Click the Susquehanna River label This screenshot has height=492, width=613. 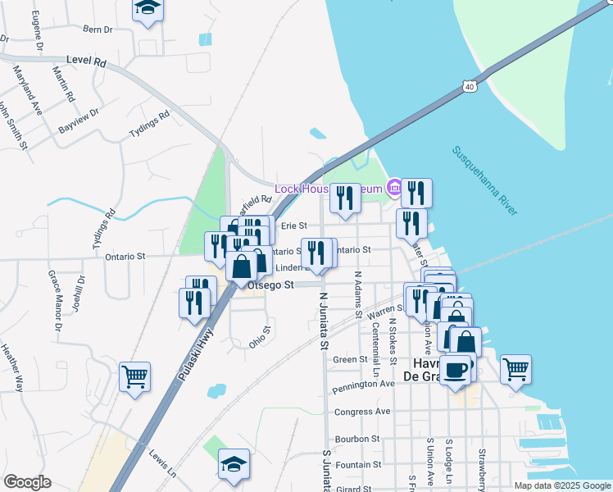[x=484, y=180]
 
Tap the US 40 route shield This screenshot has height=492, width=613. [x=469, y=85]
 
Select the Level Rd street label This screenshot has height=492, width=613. [x=86, y=61]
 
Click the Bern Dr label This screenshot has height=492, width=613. [x=98, y=30]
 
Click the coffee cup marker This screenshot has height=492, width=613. [x=456, y=370]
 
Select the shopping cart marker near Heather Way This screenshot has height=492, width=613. [x=134, y=377]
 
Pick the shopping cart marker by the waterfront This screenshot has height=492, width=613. [x=515, y=369]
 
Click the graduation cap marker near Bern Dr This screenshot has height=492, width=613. [x=148, y=9]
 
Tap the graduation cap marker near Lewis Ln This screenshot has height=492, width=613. [x=234, y=464]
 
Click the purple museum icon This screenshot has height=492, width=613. [x=393, y=189]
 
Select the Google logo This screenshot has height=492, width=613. [x=27, y=483]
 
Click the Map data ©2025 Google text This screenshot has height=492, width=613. [x=562, y=485]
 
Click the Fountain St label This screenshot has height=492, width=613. [x=360, y=465]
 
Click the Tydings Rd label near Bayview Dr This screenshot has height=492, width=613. [x=149, y=125]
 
